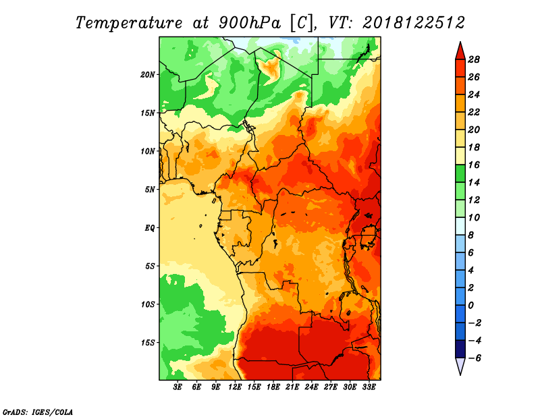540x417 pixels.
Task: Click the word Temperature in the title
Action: point(129,23)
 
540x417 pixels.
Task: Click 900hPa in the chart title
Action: point(250,23)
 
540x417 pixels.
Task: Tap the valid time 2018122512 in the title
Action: point(414,23)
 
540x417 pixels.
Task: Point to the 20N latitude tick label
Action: point(147,75)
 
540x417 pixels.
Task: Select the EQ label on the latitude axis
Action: point(150,228)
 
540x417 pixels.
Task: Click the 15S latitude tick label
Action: point(147,343)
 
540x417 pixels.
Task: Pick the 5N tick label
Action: point(150,190)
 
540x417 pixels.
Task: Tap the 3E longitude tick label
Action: point(178,387)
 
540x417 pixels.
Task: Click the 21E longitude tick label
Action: point(292,387)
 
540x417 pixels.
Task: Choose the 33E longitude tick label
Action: point(369,387)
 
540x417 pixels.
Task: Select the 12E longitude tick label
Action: point(234,387)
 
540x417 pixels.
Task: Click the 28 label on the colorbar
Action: point(474,59)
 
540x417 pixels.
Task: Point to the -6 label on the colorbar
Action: point(474,358)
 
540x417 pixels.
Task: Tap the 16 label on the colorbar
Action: point(474,165)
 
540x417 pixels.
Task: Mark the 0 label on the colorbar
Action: point(470,306)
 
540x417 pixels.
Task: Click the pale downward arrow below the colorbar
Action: point(460,366)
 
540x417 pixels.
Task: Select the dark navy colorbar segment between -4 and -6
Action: point(460,349)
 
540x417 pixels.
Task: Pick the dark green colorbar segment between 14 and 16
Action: point(460,173)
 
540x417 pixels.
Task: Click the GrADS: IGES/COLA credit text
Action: point(38,412)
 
